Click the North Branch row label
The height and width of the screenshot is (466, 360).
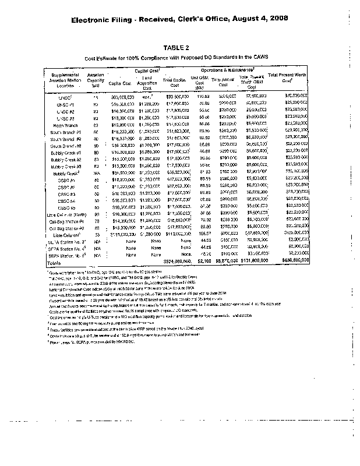pyautogui.click(x=65, y=124)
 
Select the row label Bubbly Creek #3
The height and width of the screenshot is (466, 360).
pyautogui.click(x=65, y=166)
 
